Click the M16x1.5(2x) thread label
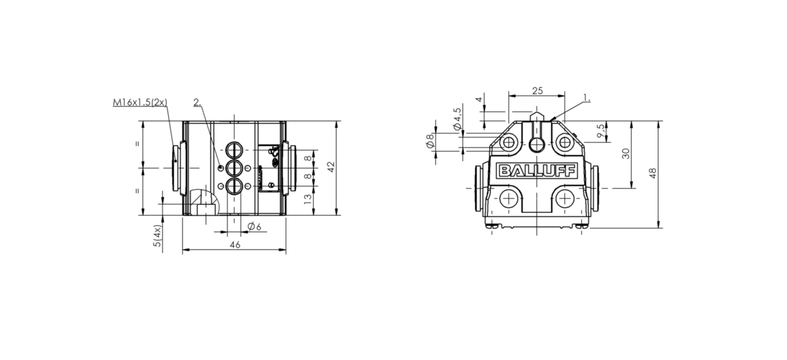(x=140, y=102)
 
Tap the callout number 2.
(x=197, y=102)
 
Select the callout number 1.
(x=587, y=98)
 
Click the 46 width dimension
(x=235, y=244)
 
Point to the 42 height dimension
(x=331, y=167)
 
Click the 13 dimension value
(x=308, y=199)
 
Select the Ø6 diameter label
(x=254, y=226)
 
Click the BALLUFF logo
(x=537, y=171)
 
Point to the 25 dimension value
(x=537, y=91)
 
